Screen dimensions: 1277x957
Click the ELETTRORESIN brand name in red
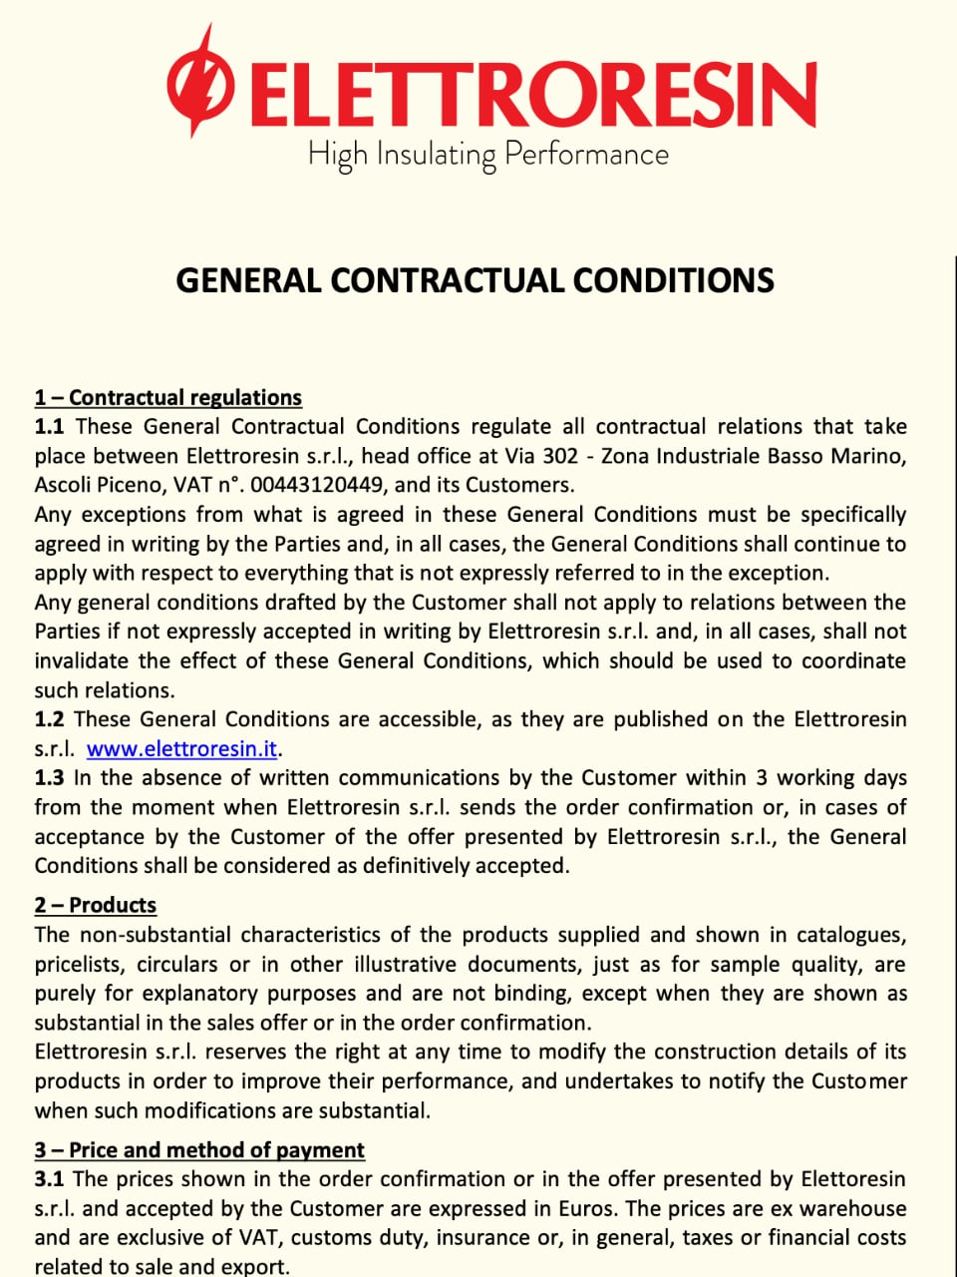coord(533,94)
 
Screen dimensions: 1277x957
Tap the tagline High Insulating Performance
coord(487,155)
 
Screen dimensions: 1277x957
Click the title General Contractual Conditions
coord(475,280)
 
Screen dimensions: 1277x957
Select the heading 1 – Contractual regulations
coord(167,398)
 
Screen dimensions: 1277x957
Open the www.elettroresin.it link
coord(181,748)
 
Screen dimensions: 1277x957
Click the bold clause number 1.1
coord(49,427)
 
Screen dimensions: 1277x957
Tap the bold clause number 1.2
coord(49,719)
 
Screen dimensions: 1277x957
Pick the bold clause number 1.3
coord(49,778)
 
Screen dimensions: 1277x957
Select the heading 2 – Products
coord(95,906)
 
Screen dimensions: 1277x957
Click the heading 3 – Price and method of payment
coord(199,1150)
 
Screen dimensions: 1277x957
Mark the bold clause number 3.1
coord(49,1179)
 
